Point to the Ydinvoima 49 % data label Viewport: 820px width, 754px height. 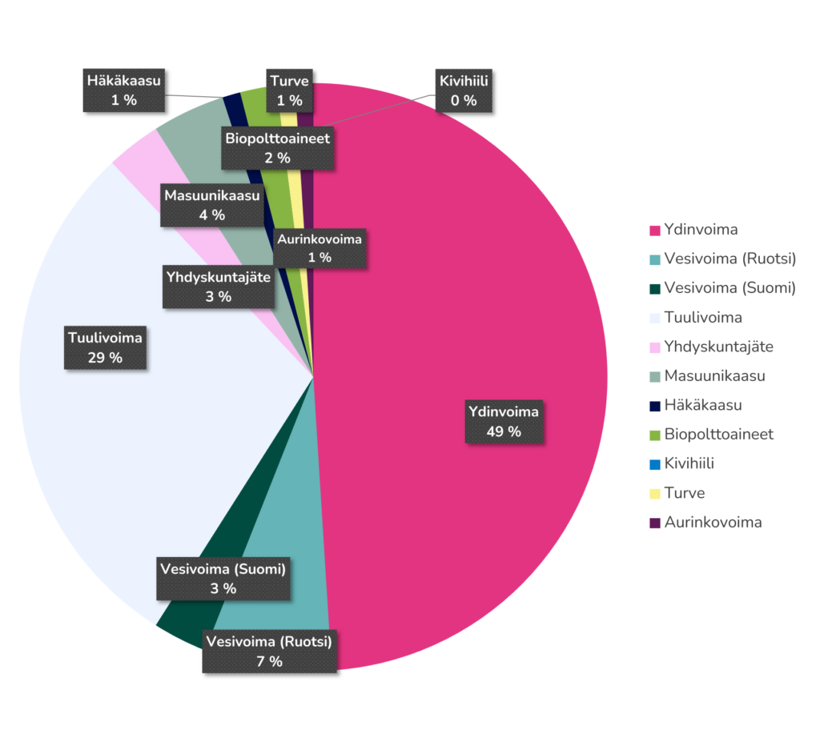pyautogui.click(x=504, y=422)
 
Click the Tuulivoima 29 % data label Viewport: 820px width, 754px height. pyautogui.click(x=105, y=347)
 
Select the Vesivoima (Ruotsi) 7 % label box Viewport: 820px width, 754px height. pyautogui.click(x=269, y=652)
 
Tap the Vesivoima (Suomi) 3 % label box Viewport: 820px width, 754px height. pyautogui.click(x=223, y=579)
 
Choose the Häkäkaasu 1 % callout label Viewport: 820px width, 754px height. pyautogui.click(x=124, y=90)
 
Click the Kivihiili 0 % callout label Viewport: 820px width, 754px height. pyautogui.click(x=464, y=90)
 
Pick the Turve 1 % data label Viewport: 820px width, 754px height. pyautogui.click(x=289, y=90)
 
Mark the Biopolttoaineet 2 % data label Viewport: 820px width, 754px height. pyautogui.click(x=277, y=148)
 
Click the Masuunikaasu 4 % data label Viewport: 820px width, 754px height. pyautogui.click(x=212, y=205)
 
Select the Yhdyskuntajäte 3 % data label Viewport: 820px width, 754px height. pyautogui.click(x=218, y=287)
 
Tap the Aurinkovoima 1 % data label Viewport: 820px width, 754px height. pyautogui.click(x=320, y=247)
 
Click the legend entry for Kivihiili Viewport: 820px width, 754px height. pyautogui.click(x=689, y=463)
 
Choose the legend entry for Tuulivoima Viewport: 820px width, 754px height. pyautogui.click(x=702, y=317)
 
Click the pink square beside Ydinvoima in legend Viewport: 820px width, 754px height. pyautogui.click(x=655, y=231)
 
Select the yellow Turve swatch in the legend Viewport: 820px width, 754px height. pyautogui.click(x=655, y=493)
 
